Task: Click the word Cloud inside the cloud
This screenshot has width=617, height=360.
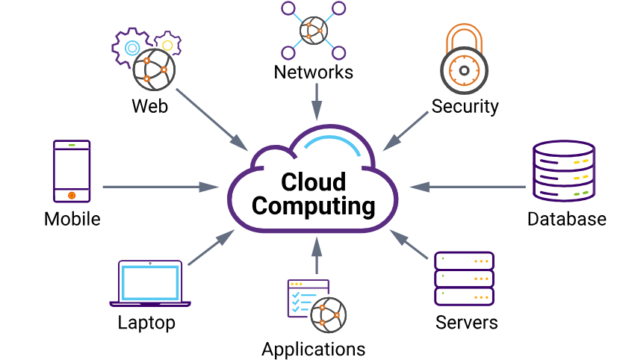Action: (314, 182)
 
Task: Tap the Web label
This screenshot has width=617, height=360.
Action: (149, 105)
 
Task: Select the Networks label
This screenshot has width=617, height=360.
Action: (314, 72)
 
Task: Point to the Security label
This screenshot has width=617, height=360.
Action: (465, 106)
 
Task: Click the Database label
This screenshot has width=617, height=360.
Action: (566, 219)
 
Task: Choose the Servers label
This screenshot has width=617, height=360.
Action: (467, 323)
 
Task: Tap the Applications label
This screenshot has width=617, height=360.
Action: (314, 349)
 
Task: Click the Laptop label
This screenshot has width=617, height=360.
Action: (146, 323)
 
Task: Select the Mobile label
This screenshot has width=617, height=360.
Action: (72, 219)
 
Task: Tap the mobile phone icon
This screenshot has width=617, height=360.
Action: (72, 170)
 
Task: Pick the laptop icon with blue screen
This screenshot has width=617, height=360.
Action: (150, 284)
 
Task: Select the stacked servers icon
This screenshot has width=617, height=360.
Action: (465, 278)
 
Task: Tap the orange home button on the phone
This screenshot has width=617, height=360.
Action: (72, 195)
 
